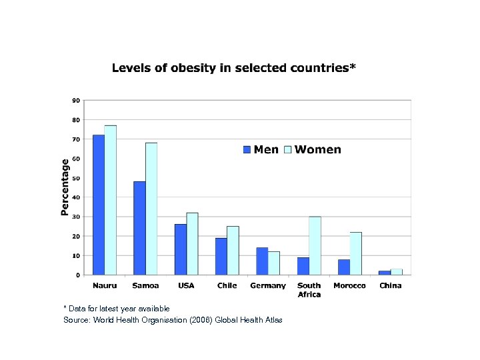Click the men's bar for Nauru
coord(98,205)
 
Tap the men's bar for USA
coord(180,249)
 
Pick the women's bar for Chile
coord(233,251)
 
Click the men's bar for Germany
coord(262,261)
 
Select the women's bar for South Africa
coord(315,245)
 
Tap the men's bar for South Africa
coord(303,266)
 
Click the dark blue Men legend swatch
coord(247,150)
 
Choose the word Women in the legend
coord(317,150)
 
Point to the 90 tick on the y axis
coord(76,101)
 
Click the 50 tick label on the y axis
coord(76,178)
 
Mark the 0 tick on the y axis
coord(78,275)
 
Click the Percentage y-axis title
coord(65,187)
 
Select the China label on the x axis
coord(391,286)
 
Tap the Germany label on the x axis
coord(268,286)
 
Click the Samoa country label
coord(145,286)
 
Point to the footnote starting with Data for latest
coord(117,309)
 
